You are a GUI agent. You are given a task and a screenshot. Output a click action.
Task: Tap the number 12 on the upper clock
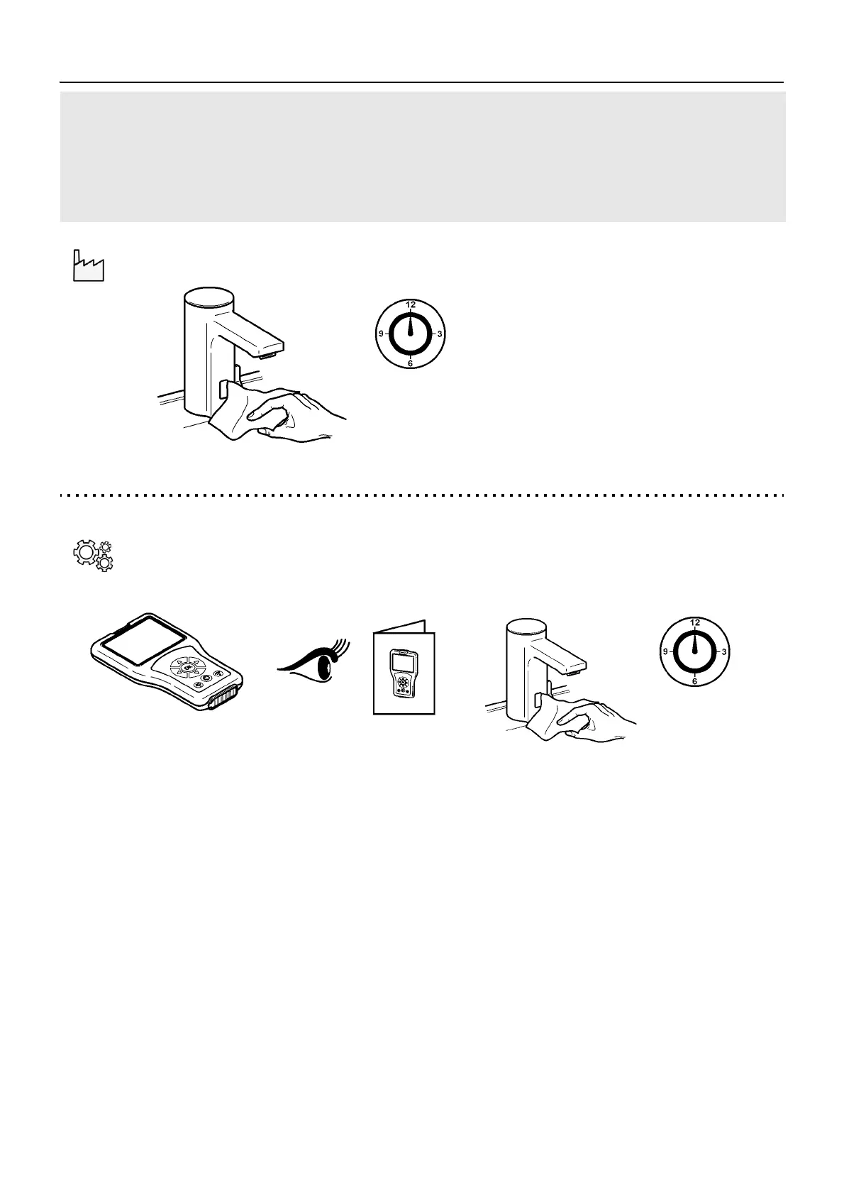[x=411, y=304]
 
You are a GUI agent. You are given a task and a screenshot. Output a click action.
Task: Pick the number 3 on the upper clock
[x=440, y=334]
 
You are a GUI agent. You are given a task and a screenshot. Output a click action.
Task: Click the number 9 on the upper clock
[x=381, y=334]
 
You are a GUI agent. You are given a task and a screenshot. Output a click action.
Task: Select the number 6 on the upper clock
[x=411, y=363]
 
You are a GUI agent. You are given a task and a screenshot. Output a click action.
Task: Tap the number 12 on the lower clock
[x=695, y=622]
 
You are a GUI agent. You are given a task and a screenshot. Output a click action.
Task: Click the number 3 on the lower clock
[x=723, y=651]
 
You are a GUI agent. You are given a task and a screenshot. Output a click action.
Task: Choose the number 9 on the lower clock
[x=665, y=651]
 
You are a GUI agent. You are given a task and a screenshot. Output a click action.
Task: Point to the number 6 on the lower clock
[x=695, y=681]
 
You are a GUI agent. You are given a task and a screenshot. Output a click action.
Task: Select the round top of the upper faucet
[x=209, y=297]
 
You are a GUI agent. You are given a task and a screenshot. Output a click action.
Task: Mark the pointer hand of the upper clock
[x=411, y=326]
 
